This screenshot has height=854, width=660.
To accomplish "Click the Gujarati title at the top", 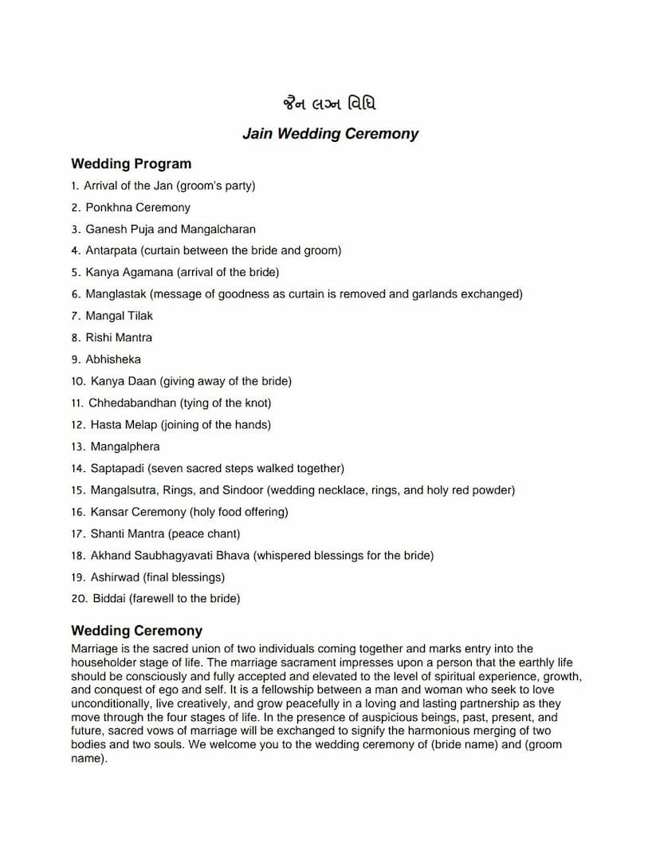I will click(x=329, y=104).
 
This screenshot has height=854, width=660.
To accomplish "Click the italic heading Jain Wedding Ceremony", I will click(x=330, y=134).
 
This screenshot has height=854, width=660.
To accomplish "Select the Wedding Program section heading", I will click(x=132, y=164).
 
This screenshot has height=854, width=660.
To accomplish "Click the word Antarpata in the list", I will click(x=111, y=250).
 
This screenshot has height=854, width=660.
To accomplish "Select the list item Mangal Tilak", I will click(x=119, y=316).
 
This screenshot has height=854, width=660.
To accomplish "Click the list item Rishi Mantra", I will click(x=119, y=337).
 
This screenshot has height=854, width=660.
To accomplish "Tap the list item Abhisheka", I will click(x=113, y=360).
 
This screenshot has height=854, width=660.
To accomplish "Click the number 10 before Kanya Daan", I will click(x=78, y=381).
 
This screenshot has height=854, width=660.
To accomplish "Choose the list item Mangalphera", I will click(x=124, y=447).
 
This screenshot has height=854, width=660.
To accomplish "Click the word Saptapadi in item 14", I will click(x=117, y=468).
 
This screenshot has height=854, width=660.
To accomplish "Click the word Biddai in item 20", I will click(x=109, y=599).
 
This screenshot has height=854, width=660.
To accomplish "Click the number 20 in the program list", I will click(x=78, y=599).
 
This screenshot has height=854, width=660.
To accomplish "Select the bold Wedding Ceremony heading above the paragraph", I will click(x=137, y=631).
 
